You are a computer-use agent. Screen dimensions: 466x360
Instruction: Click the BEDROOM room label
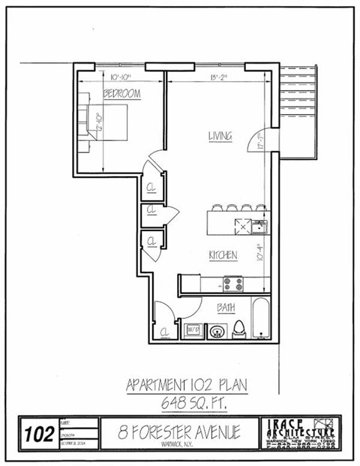pos(121,94)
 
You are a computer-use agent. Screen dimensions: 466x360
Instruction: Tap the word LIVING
pos(220,136)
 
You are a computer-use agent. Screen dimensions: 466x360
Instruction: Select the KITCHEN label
pos(222,255)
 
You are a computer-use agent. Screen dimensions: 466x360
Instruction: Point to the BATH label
pos(226,307)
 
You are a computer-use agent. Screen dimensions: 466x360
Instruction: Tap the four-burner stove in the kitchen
pos(233,284)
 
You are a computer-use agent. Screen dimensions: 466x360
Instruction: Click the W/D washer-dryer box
pos(191,329)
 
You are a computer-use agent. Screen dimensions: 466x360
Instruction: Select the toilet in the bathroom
pos(239,328)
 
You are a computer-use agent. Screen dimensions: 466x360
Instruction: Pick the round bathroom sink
pos(217,329)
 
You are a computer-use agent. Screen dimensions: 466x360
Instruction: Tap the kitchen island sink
pos(258,226)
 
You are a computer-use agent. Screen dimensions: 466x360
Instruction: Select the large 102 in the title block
pos(38,434)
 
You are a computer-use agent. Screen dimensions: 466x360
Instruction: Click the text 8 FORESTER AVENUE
pos(180,432)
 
